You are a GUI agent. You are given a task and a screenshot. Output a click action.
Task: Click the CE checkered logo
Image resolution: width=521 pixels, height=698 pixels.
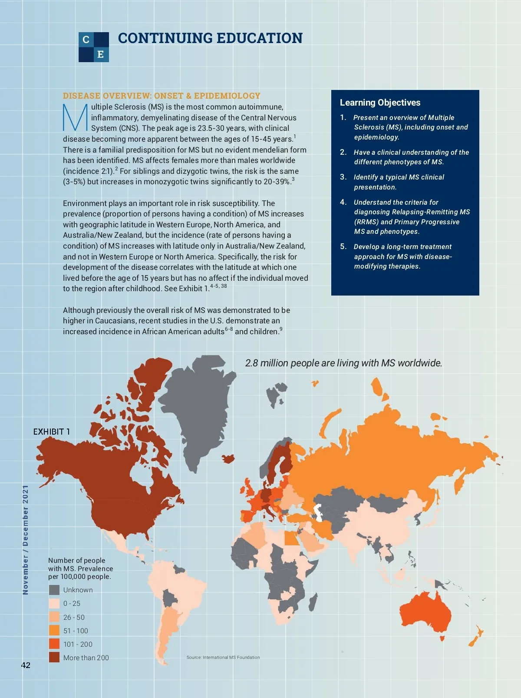[94, 47]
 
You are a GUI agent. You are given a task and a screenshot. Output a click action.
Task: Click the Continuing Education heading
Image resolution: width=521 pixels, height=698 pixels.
[210, 38]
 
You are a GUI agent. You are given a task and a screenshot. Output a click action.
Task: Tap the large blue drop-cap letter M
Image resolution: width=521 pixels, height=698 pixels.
[76, 117]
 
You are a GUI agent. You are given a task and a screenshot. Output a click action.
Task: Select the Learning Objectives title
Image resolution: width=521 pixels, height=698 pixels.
[380, 103]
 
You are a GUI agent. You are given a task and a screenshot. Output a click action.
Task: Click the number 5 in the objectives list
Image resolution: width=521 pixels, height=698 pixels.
[343, 246]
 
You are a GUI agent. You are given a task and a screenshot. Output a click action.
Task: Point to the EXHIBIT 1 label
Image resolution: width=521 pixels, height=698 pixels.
[52, 432]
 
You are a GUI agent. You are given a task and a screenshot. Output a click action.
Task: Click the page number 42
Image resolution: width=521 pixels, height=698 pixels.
[26, 665]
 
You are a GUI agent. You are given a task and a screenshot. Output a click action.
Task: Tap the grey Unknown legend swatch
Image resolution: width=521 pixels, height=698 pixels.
[54, 590]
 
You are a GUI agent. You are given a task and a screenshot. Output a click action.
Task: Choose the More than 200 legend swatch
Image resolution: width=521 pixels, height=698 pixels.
[54, 657]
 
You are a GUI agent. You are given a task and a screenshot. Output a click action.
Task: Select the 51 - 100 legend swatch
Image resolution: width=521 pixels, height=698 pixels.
[54, 630]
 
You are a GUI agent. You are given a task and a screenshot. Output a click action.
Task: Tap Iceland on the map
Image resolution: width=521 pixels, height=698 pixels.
[228, 458]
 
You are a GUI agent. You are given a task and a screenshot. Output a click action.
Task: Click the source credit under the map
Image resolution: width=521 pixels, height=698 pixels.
[223, 657]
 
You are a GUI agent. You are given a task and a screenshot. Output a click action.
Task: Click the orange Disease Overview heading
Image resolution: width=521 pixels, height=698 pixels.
[162, 96]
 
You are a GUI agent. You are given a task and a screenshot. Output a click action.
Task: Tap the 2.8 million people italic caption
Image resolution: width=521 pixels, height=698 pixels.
[343, 363]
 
